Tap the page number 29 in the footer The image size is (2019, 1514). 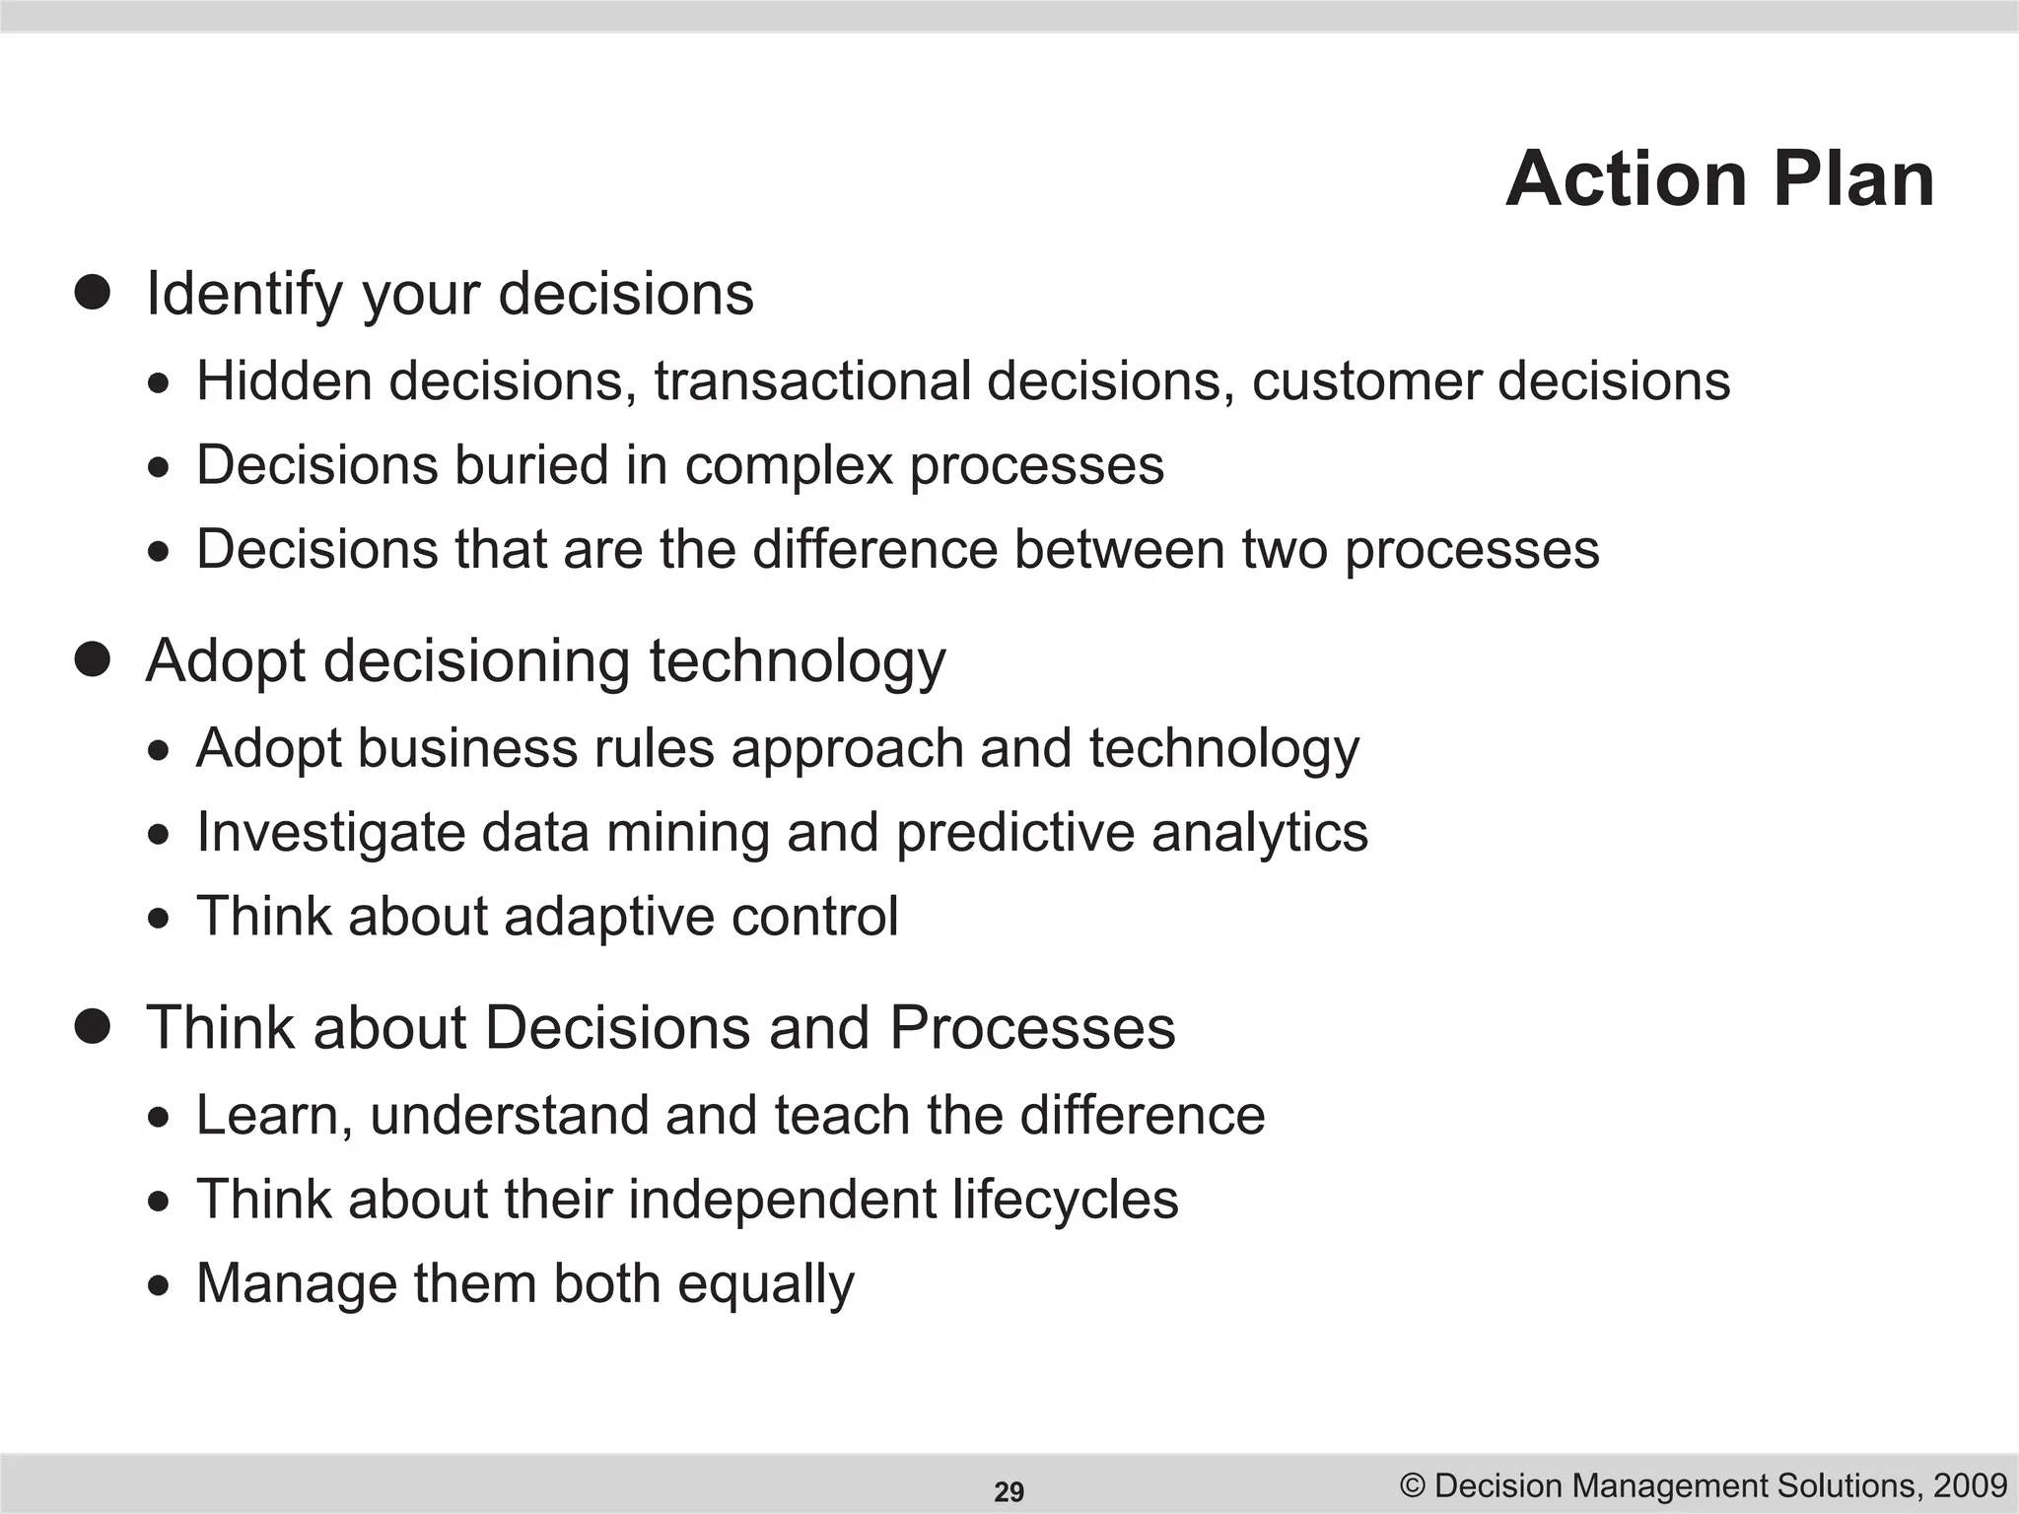[1009, 1491]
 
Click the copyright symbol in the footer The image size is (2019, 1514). [1413, 1484]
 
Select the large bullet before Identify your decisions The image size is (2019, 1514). [93, 293]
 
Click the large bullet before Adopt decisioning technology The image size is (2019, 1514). [93, 659]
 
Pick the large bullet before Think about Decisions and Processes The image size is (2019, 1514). [93, 1026]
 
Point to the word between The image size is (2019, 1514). [1119, 548]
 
